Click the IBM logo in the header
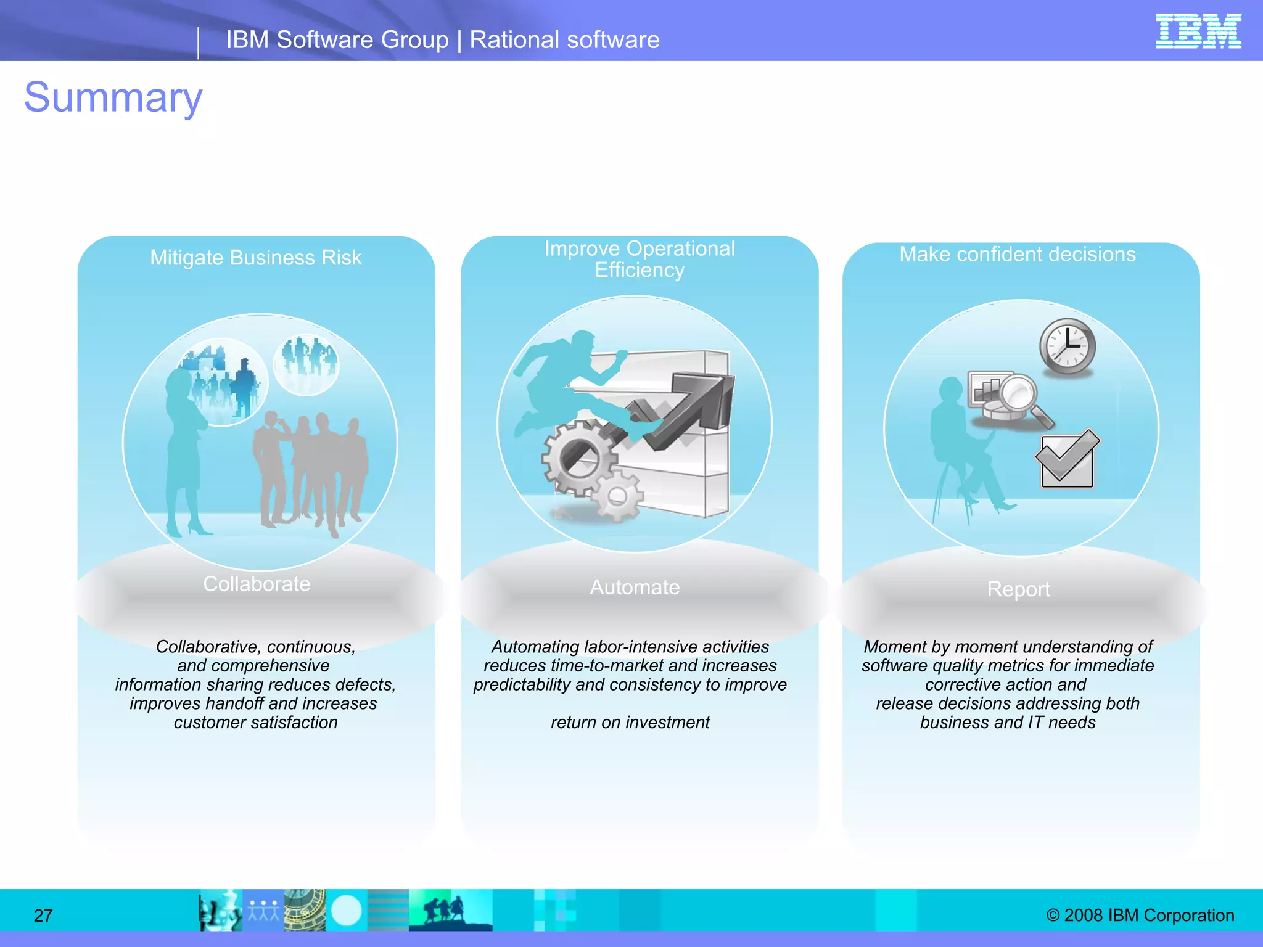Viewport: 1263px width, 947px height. click(x=1198, y=31)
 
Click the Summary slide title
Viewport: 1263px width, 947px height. click(x=113, y=97)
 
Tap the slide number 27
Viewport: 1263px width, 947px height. click(x=43, y=916)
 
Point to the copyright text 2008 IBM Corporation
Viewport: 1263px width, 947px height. click(x=1140, y=915)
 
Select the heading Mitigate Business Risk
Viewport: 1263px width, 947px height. click(x=255, y=258)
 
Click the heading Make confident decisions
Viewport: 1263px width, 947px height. click(x=1018, y=254)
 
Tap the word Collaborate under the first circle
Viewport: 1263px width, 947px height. click(x=257, y=584)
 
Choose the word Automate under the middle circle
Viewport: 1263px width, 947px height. click(x=635, y=587)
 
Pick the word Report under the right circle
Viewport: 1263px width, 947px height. click(x=1018, y=589)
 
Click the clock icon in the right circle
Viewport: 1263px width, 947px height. click(x=1068, y=346)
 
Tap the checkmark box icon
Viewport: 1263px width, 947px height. click(x=1067, y=459)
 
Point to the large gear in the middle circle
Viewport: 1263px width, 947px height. click(x=578, y=458)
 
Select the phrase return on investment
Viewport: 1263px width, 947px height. click(x=630, y=722)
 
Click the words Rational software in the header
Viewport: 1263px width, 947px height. click(x=564, y=40)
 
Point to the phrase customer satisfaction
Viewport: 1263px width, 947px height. click(x=255, y=722)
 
